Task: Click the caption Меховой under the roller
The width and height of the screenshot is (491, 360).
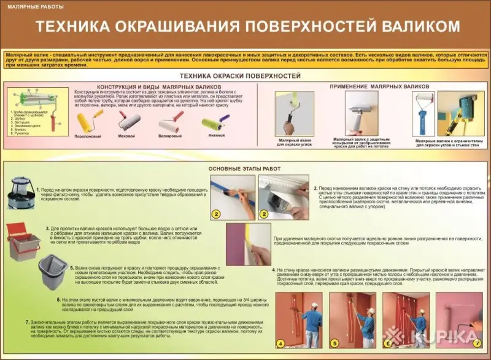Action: tap(127, 136)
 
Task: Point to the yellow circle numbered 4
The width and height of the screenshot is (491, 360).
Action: tap(280, 343)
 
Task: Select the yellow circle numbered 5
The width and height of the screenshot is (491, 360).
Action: tap(335, 343)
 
